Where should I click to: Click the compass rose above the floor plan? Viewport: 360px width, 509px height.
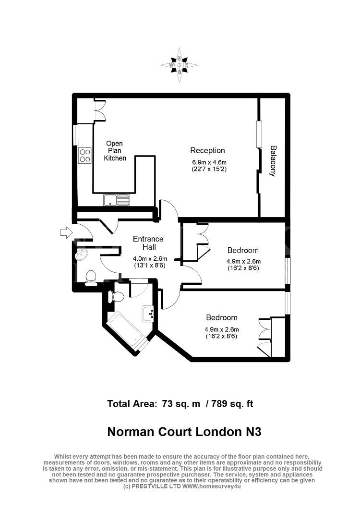179,65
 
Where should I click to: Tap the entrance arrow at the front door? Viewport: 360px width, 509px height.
66,232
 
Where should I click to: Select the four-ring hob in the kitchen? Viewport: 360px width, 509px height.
85,155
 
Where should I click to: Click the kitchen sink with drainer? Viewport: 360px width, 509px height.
117,200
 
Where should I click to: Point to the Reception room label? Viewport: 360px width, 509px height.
207,150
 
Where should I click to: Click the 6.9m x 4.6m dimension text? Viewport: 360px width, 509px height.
209,162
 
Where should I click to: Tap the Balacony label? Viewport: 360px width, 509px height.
273,161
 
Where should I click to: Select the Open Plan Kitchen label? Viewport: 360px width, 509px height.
115,151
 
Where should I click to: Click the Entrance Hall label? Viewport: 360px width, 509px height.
148,243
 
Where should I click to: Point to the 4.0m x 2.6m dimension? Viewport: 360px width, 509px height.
150,259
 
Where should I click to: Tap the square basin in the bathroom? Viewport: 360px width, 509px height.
148,314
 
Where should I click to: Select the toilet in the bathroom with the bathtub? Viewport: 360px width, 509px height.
115,296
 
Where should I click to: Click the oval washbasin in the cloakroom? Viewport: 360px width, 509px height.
81,255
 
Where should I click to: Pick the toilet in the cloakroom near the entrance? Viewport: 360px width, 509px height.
91,278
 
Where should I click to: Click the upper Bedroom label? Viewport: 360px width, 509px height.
243,250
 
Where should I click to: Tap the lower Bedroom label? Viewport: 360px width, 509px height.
222,317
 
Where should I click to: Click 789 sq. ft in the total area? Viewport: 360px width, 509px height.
232,404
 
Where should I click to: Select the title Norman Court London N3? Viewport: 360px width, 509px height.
184,432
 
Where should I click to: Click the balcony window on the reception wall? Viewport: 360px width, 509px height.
259,134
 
